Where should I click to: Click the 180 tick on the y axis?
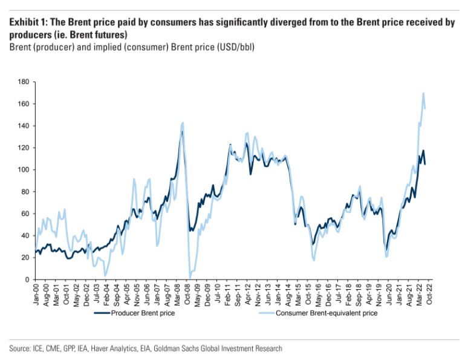pos(24,82)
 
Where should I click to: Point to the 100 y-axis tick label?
pos(24,169)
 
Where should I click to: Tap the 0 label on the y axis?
pos(27,280)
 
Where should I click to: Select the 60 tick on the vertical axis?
pos(25,214)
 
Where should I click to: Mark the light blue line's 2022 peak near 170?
pos(423,93)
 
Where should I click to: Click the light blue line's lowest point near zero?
pos(190,278)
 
